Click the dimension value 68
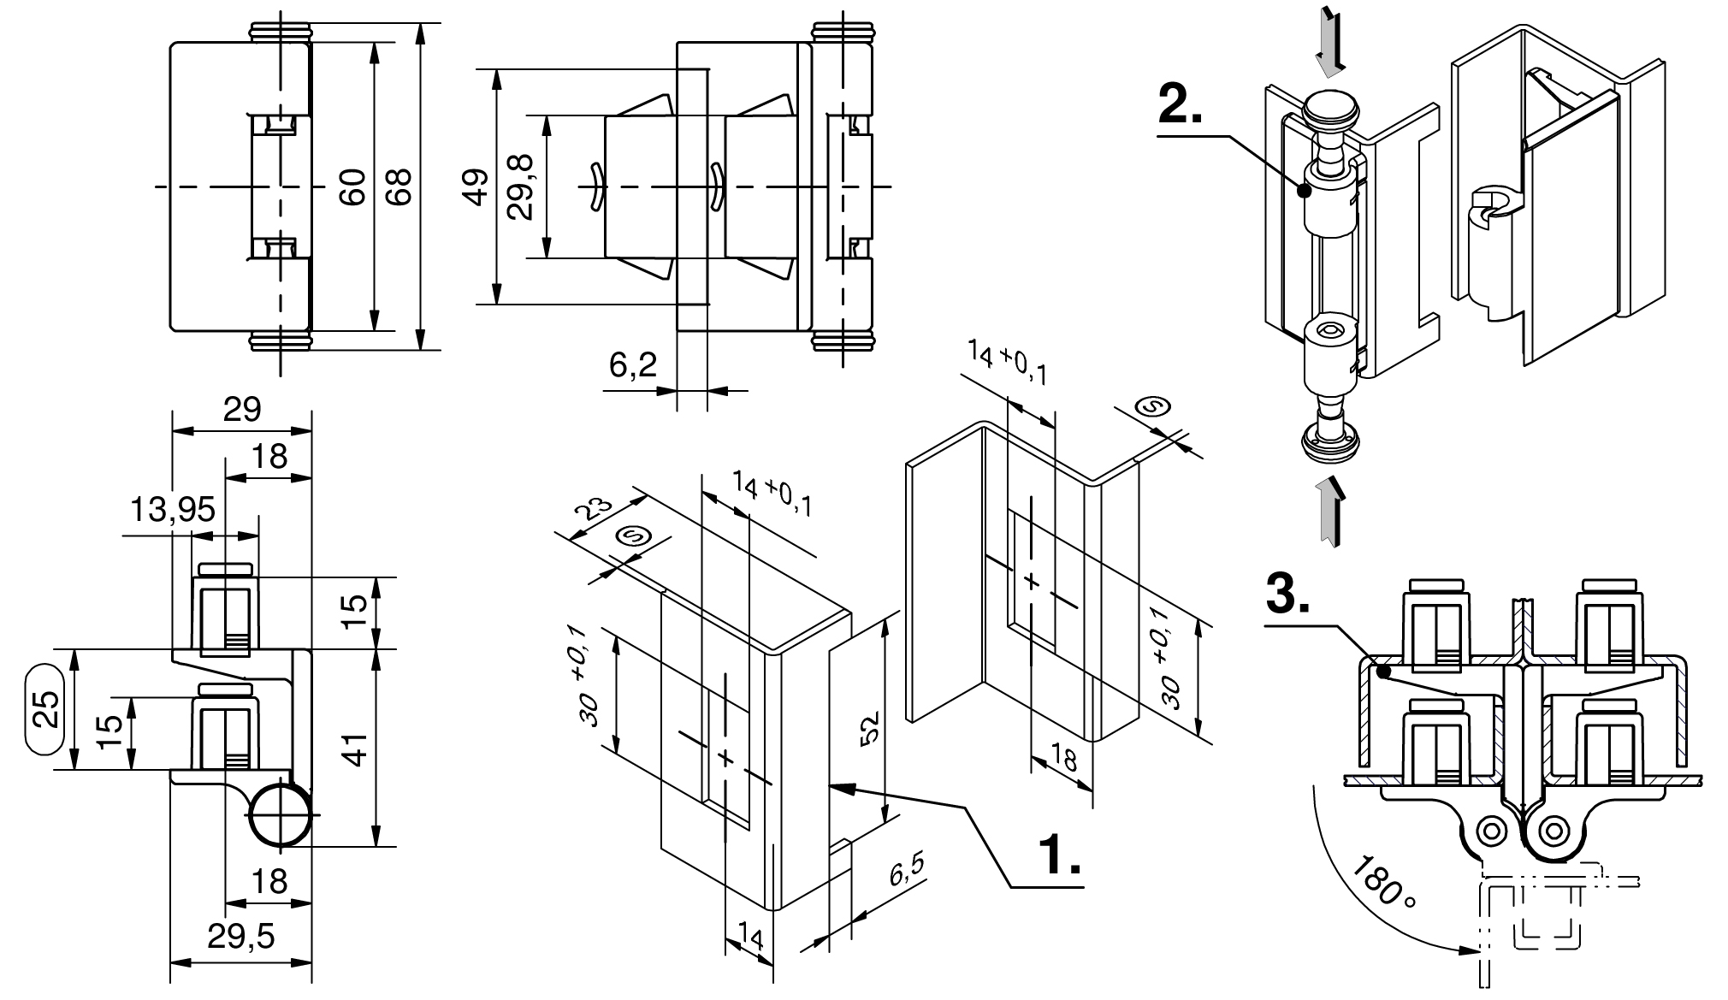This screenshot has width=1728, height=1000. pos(399,186)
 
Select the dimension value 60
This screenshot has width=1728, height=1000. pos(352,186)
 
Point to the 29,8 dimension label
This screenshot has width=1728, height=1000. pos(520,186)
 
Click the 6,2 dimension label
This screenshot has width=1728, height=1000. pos(633,366)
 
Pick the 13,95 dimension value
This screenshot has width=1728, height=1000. pos(172,511)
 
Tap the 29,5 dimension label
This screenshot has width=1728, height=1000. pos(241,937)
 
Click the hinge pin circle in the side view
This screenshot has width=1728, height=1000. pos(281,814)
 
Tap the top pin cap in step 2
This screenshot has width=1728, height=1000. pos(1332,111)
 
